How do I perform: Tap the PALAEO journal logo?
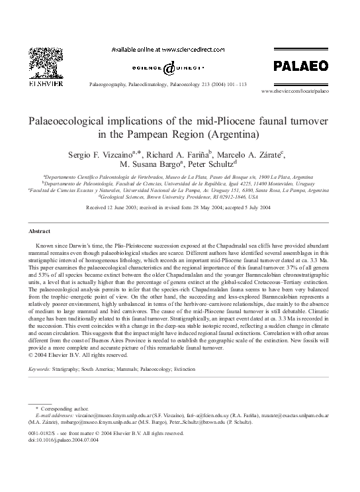[x=300, y=66]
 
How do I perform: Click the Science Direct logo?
[x=168, y=68]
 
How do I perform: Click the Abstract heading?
[x=39, y=230]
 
